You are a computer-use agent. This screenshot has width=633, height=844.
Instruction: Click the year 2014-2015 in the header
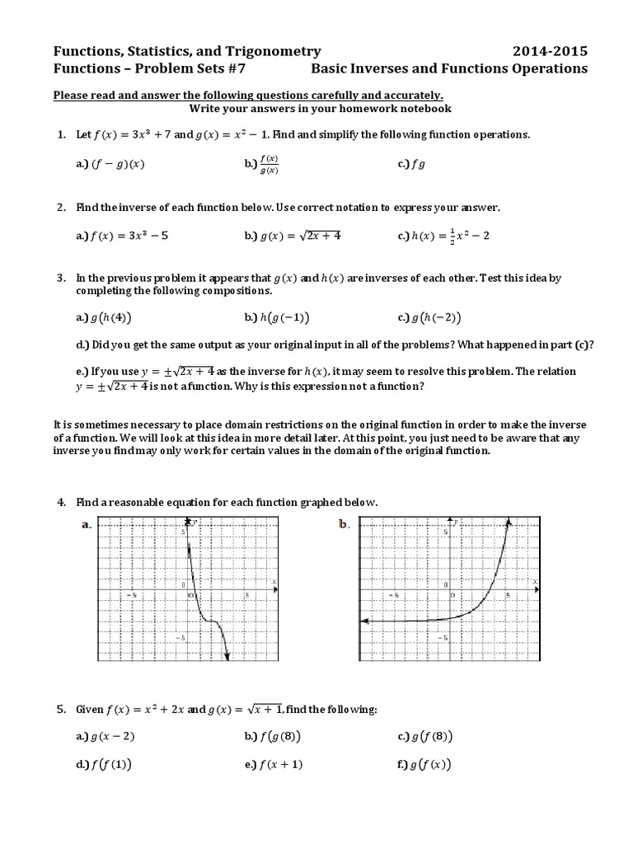[x=551, y=51]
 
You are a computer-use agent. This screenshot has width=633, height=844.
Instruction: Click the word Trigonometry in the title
[x=274, y=51]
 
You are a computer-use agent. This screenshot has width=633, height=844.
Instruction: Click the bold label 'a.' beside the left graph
[x=86, y=524]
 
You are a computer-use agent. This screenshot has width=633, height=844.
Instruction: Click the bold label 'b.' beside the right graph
[x=345, y=524]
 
